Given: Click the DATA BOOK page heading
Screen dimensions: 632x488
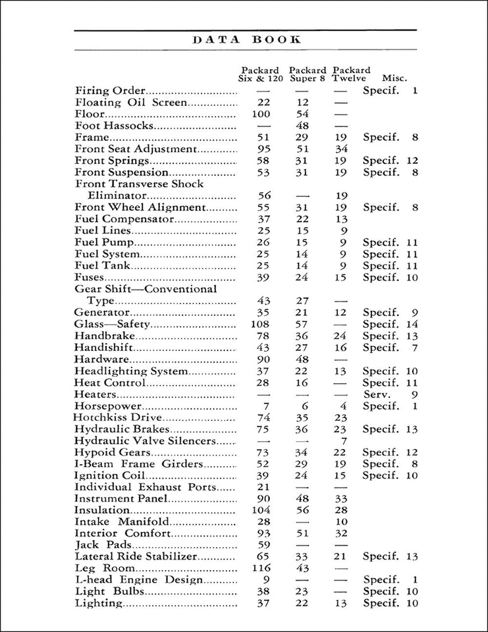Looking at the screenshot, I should click(246, 39).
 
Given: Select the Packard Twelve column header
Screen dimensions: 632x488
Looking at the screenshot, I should click(351, 74).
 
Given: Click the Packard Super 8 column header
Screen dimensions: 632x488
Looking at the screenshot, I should click(308, 74).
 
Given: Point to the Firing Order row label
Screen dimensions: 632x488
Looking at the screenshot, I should click(111, 91).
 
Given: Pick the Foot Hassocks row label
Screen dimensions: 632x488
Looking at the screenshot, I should click(115, 126).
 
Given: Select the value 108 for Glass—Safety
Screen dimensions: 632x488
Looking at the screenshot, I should click(263, 325).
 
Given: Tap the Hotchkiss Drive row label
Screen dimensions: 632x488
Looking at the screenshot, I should click(117, 418).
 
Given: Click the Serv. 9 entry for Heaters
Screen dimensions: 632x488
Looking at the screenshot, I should click(391, 395).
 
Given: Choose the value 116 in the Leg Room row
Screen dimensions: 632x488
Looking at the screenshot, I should click(263, 568).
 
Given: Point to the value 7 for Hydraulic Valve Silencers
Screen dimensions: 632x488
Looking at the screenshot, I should click(343, 440).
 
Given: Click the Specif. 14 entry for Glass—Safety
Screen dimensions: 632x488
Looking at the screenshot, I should click(391, 325).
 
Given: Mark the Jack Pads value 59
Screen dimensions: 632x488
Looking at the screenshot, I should click(263, 545).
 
